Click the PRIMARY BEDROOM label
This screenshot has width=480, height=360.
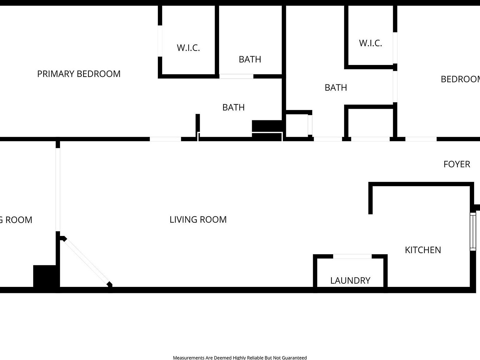[x=79, y=74]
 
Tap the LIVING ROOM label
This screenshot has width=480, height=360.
[x=198, y=219]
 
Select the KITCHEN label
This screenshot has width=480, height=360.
[x=423, y=250]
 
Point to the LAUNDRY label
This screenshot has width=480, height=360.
[x=350, y=280]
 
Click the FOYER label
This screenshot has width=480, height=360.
[x=457, y=164]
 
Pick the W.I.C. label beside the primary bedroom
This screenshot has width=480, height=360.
[x=188, y=47]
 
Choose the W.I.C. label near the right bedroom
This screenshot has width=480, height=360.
[x=370, y=43]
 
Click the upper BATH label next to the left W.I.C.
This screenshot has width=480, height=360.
[x=250, y=59]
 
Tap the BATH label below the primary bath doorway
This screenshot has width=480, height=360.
[x=233, y=107]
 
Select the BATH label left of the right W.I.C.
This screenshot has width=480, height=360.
[x=336, y=87]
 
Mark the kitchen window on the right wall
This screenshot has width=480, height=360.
[x=473, y=231]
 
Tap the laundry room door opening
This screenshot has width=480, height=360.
[x=352, y=257]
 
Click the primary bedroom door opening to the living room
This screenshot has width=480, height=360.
[x=165, y=139]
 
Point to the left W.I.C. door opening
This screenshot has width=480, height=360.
[x=160, y=41]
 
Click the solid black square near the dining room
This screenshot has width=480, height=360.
[x=44, y=276]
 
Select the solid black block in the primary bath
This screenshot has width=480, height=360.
[x=267, y=126]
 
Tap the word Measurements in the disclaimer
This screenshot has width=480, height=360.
[x=188, y=357]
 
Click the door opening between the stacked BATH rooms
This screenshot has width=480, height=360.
[x=236, y=76]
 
